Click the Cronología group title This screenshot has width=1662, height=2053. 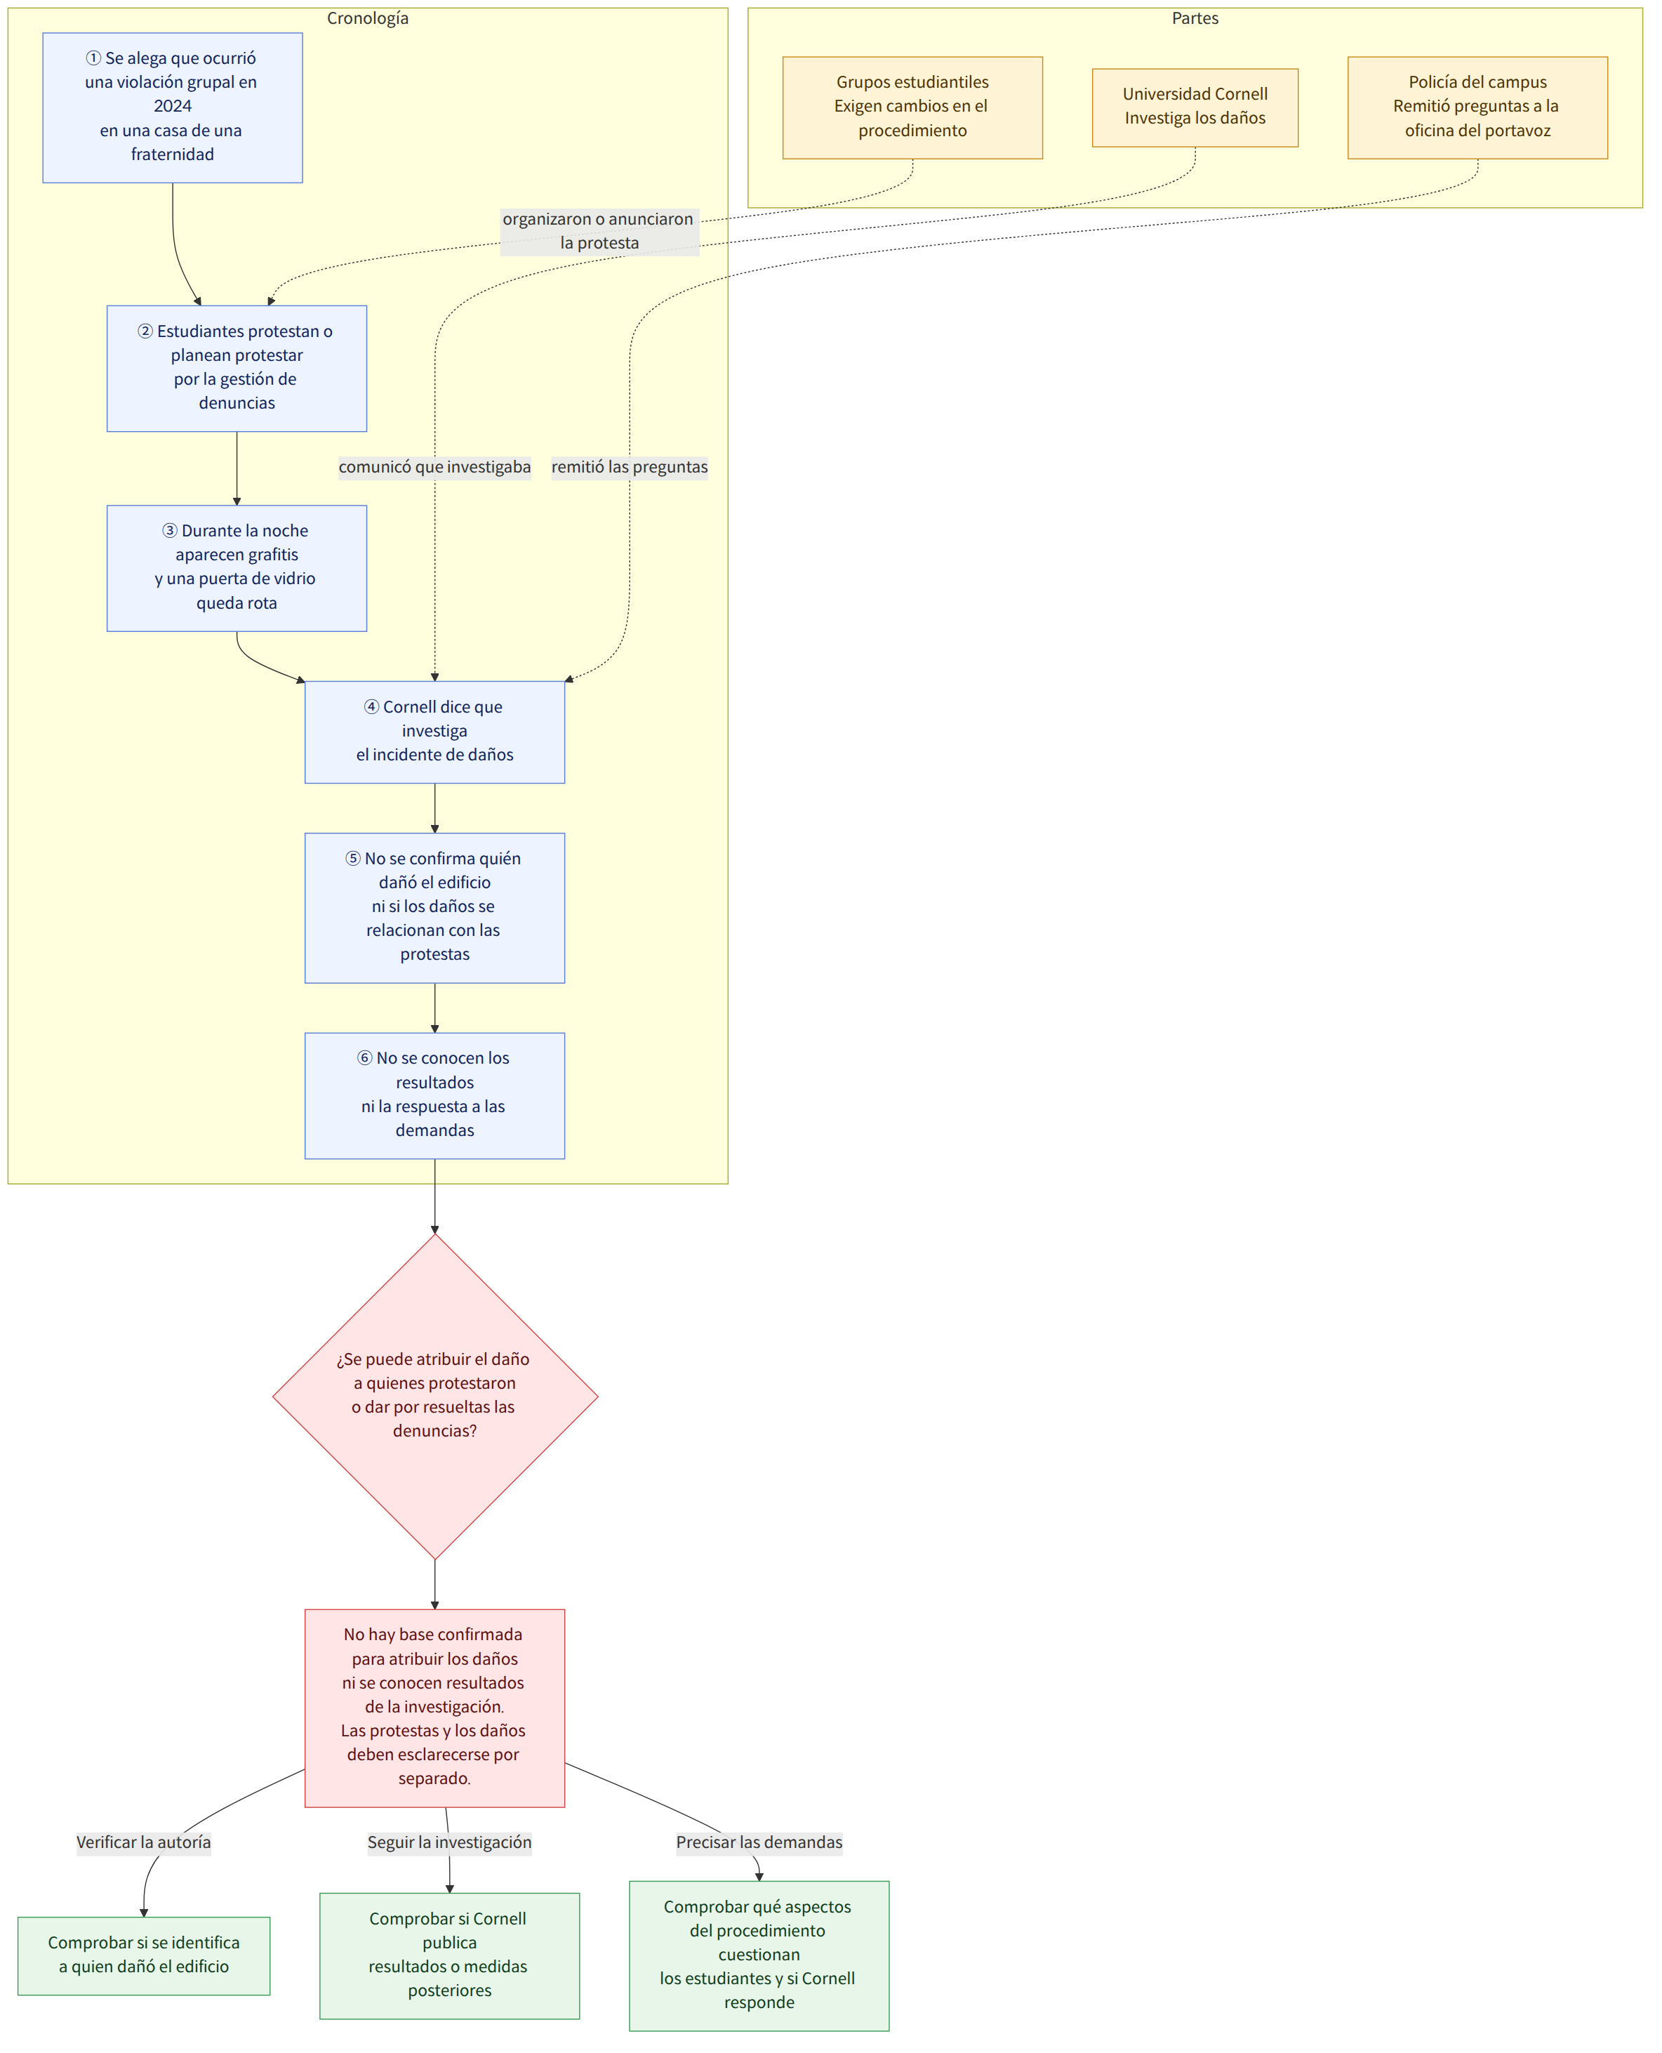[x=368, y=18]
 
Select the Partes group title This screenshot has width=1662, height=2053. [x=1195, y=18]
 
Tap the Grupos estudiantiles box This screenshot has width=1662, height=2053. [x=912, y=107]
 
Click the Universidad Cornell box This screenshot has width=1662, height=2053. [x=1195, y=107]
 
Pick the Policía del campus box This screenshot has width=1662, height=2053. [x=1477, y=107]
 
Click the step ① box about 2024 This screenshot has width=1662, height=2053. [x=173, y=107]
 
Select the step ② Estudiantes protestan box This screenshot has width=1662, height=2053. [x=237, y=369]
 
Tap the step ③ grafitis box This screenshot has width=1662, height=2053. [x=237, y=568]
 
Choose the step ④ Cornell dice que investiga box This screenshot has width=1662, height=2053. [x=434, y=732]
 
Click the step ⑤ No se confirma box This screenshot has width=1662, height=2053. [x=434, y=908]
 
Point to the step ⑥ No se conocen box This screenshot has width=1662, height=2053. [x=434, y=1095]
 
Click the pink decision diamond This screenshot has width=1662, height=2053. [x=434, y=1396]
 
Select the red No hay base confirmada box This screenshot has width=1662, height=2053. [x=434, y=1708]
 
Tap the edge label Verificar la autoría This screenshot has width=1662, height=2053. [x=144, y=1842]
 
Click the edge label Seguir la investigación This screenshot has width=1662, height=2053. [x=449, y=1842]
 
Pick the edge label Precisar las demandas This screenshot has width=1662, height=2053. [x=759, y=1842]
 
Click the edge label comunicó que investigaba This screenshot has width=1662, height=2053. [x=434, y=468]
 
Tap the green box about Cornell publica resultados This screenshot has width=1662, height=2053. [x=449, y=1956]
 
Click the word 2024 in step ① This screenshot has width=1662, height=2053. [x=173, y=106]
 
